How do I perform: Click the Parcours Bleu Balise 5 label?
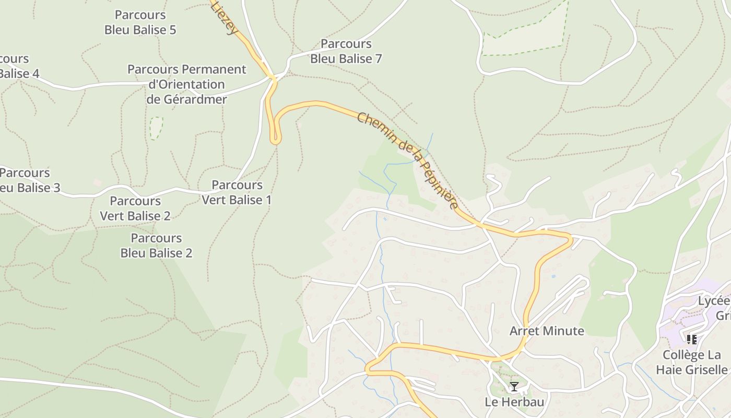coord(140,22)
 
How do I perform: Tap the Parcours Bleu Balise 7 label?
coord(346,51)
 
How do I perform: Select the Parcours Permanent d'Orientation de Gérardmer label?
coord(187,84)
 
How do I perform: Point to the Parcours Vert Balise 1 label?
coord(237,192)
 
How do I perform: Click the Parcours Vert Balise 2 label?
coord(135,208)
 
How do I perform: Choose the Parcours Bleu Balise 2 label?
coord(156,246)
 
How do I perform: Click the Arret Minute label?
coord(547,331)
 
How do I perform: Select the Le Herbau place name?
coord(514,402)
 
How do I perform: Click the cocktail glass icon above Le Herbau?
coord(514,387)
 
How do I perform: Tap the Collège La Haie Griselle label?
coord(694,362)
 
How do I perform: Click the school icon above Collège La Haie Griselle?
coord(692,340)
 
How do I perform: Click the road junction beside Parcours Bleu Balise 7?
coord(272,79)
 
